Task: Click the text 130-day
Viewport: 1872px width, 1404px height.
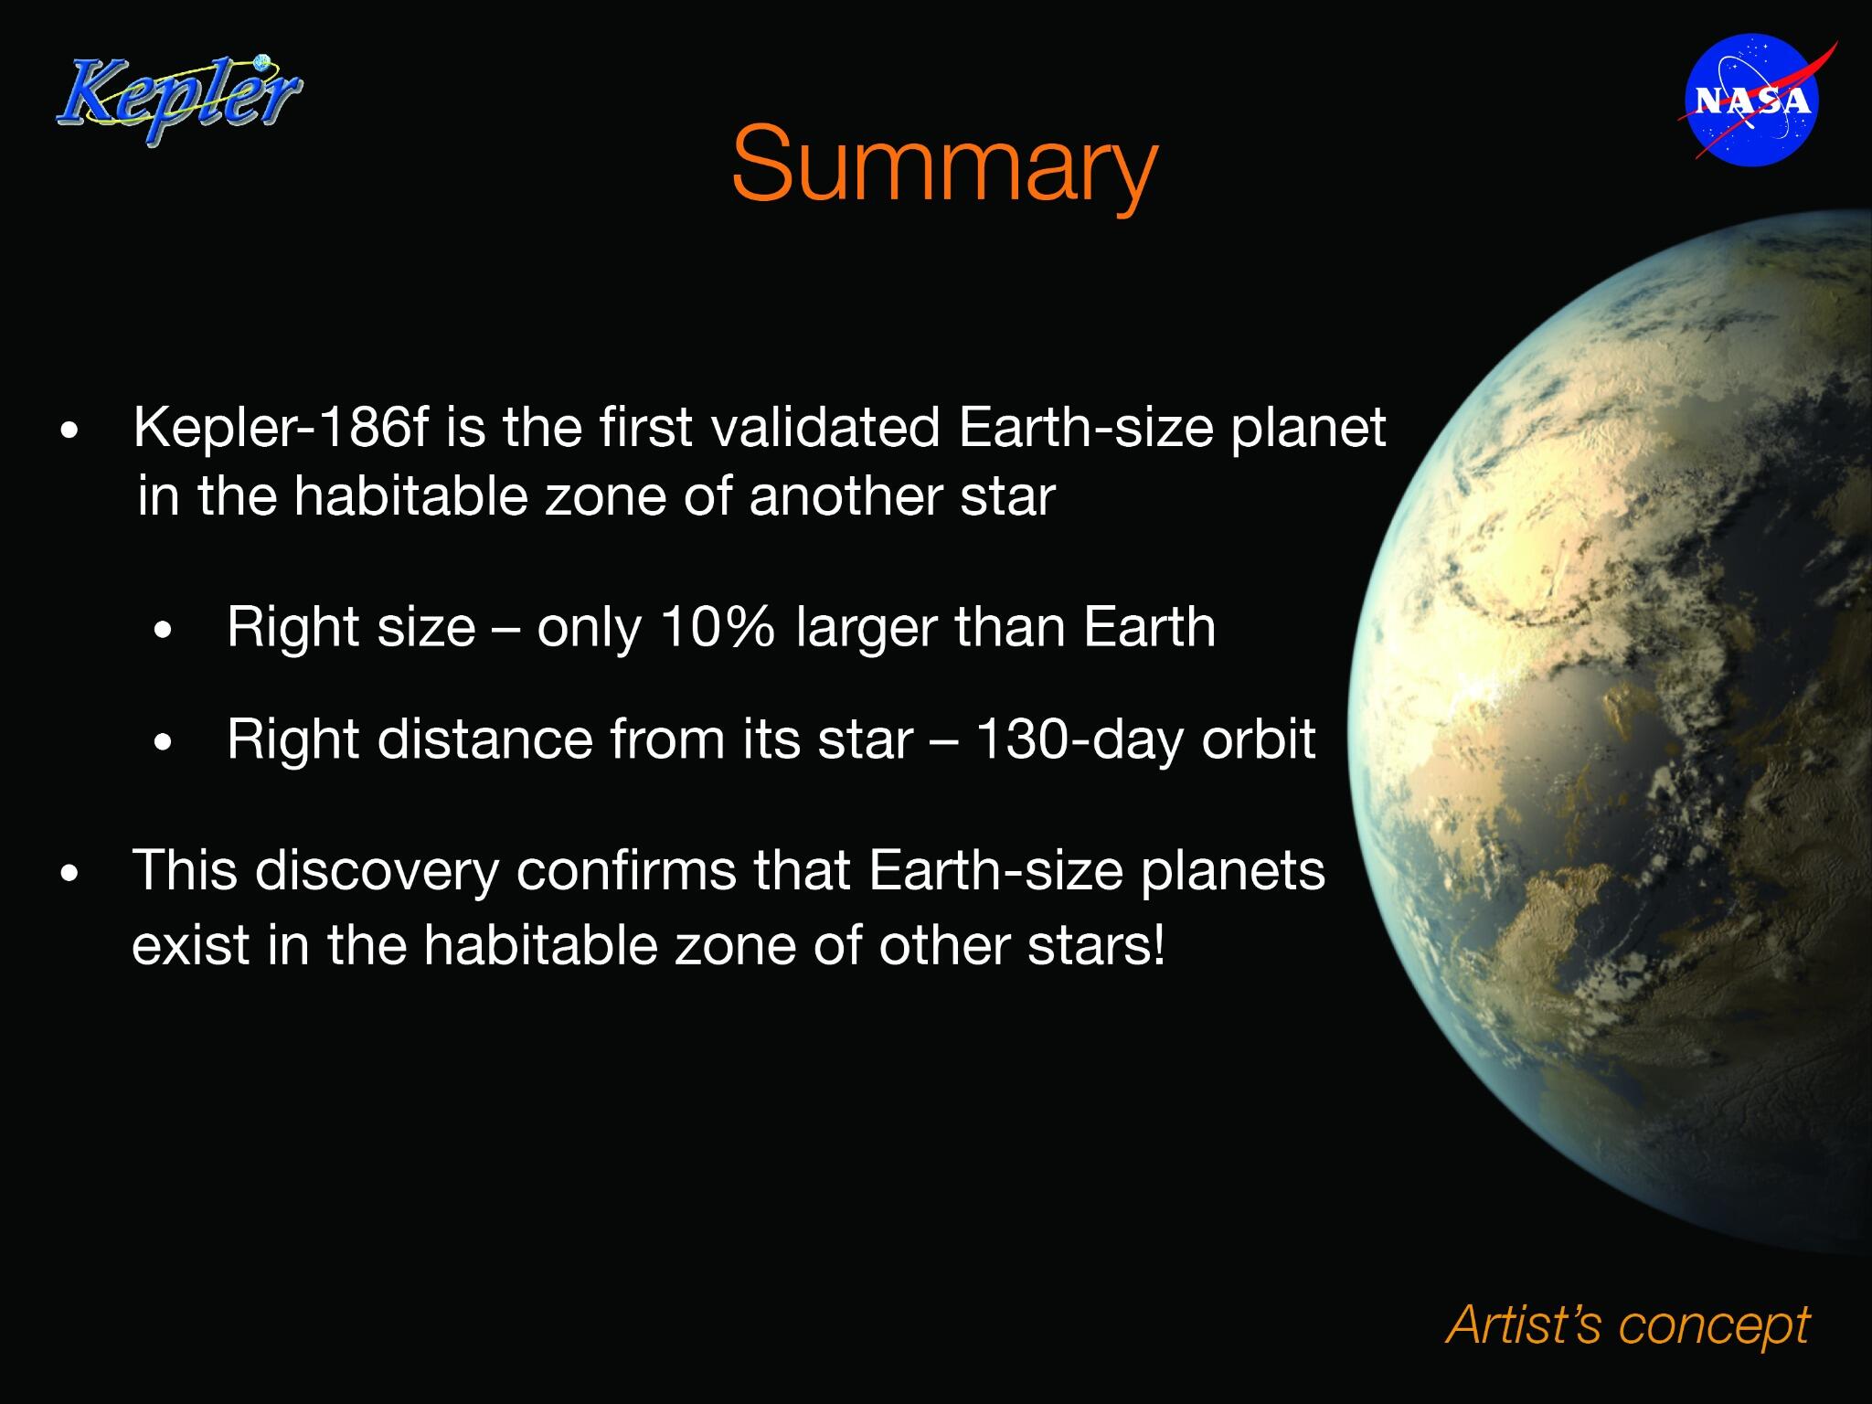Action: (1077, 739)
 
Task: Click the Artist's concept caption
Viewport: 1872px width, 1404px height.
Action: (1627, 1324)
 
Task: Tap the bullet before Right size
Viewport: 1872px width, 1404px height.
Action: (164, 631)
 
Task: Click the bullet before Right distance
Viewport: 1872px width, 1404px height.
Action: (164, 741)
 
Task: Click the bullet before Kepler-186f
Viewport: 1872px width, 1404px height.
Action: (69, 431)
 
